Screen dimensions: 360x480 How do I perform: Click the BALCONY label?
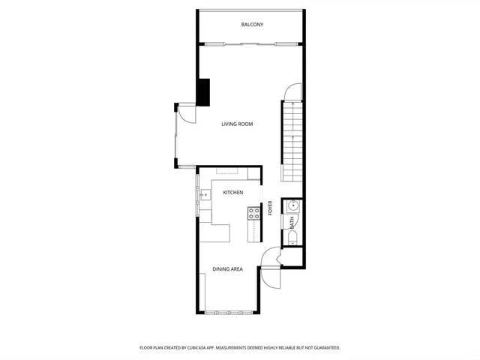pos(252,25)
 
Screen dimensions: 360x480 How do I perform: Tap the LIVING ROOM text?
pos(236,124)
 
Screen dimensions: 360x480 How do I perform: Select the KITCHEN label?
pos(233,193)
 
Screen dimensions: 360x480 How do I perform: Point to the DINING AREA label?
pos(227,269)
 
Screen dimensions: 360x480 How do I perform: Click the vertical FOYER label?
pos(271,208)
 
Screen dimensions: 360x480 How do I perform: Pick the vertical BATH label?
pos(292,223)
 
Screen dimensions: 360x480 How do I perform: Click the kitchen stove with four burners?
pos(253,214)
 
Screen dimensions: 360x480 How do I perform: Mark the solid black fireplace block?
pos(203,91)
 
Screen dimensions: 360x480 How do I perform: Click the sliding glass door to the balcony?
pos(251,44)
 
